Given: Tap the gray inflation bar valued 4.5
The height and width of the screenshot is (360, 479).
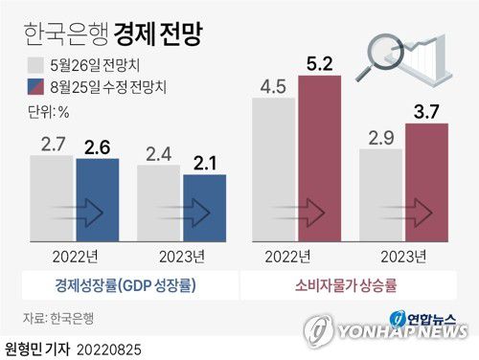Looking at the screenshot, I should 274,171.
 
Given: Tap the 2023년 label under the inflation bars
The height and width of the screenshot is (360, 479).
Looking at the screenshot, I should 404,257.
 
